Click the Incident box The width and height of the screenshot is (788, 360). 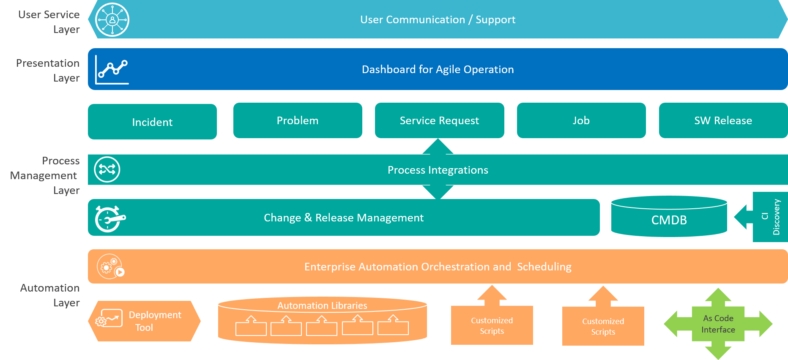click(x=152, y=122)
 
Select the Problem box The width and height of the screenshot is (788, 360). click(x=298, y=120)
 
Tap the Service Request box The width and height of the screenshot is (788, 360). click(x=440, y=120)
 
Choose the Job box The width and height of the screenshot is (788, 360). click(x=581, y=120)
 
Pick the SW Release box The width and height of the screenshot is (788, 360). click(x=723, y=120)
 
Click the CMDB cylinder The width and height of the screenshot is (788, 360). click(x=669, y=216)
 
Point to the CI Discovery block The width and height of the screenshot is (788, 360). click(x=770, y=217)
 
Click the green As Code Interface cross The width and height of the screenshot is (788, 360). click(x=718, y=324)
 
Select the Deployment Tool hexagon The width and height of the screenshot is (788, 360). click(x=144, y=321)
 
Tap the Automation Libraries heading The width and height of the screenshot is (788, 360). click(x=322, y=305)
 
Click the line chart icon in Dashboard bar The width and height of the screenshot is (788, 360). click(x=112, y=70)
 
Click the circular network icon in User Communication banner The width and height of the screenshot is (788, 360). click(x=112, y=20)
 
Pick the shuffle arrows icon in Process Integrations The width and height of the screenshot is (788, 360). click(x=107, y=169)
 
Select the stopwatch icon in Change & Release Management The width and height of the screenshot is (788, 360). click(x=110, y=218)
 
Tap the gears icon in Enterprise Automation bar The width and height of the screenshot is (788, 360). click(x=110, y=267)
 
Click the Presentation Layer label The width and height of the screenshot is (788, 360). click(x=48, y=71)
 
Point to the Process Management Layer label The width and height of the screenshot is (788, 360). click(x=45, y=175)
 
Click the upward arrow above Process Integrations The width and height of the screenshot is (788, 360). click(x=438, y=146)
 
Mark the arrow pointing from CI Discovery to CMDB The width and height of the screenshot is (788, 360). click(x=744, y=217)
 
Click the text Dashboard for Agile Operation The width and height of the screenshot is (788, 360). click(x=438, y=69)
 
